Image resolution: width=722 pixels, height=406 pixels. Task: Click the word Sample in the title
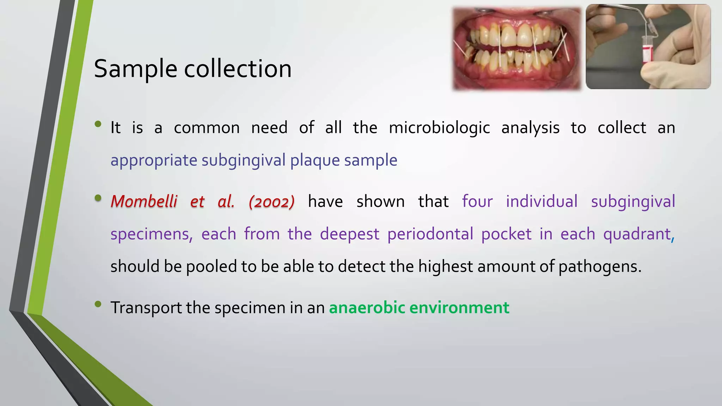[x=135, y=69]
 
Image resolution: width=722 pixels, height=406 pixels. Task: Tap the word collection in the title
[x=238, y=69]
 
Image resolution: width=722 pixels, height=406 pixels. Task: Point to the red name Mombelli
[x=144, y=202]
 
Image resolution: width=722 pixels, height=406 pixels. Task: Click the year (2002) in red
[x=271, y=202]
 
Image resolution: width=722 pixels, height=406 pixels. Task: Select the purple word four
[x=477, y=202]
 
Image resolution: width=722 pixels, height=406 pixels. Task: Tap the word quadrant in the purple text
[x=637, y=234]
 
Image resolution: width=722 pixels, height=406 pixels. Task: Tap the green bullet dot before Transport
[x=98, y=304]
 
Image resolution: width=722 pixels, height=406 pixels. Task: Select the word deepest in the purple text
[x=349, y=234]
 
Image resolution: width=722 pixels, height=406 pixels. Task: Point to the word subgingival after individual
[x=633, y=202]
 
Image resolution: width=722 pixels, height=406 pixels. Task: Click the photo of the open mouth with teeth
[x=516, y=49]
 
